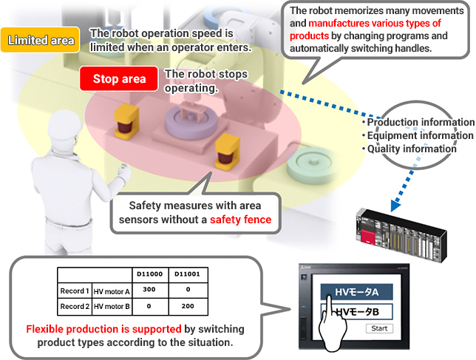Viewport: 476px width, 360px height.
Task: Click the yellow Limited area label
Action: pyautogui.click(x=41, y=40)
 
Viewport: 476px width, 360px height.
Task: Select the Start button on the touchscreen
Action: pyautogui.click(x=379, y=328)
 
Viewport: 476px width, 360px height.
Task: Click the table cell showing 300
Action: pyautogui.click(x=148, y=290)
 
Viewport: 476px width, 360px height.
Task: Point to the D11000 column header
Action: pyautogui.click(x=148, y=274)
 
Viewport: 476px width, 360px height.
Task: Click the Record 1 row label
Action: pyautogui.click(x=75, y=290)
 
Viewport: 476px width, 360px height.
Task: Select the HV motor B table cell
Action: pyautogui.click(x=111, y=305)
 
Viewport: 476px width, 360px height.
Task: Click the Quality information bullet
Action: pyautogui.click(x=412, y=149)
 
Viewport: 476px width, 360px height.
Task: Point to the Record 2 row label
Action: pyautogui.click(x=75, y=305)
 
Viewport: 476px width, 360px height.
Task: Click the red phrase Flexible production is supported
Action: pyautogui.click(x=103, y=328)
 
